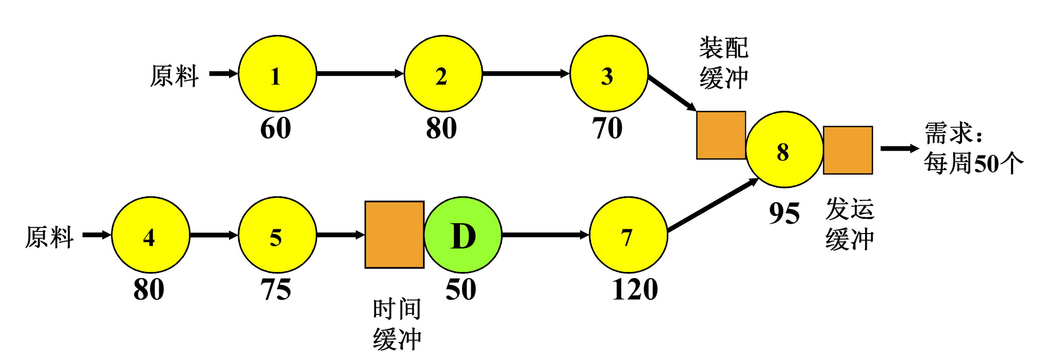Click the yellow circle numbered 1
pos(277,74)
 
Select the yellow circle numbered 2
pos(443,74)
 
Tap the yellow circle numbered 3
pos(609,74)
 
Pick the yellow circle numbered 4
pos(150,235)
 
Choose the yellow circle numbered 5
pos(277,235)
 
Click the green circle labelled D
pos(463,235)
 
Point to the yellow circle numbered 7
pos(628,235)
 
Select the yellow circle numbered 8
pos(784,150)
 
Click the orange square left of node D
pos(394,235)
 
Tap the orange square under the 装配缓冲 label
pos(721,135)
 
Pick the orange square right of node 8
pos(848,150)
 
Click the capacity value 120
pos(635,289)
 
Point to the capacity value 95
pos(784,213)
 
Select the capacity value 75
pos(276,289)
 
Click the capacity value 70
pos(607,128)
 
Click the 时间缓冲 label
pos(397,324)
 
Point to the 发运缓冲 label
pos(850,224)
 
